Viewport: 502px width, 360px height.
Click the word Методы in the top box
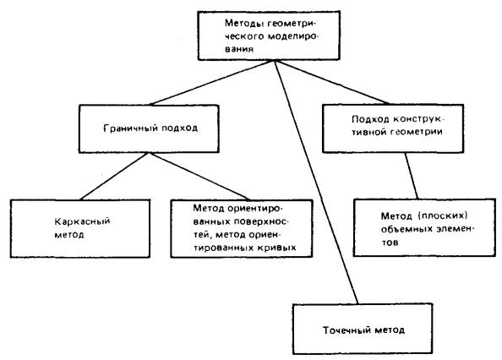pos(244,24)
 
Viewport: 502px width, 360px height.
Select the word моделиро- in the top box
pos(293,36)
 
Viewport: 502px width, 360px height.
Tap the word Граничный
pos(131,128)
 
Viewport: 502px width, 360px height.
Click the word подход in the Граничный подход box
pos(179,128)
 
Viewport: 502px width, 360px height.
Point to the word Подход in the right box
pos(370,119)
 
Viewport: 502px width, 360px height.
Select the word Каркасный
pos(82,221)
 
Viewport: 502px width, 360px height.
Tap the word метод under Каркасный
pos(69,235)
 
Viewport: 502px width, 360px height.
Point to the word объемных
pos(405,229)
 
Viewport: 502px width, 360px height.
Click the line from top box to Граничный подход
pos(212,83)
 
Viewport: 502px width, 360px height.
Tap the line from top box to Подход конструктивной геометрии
pos(331,82)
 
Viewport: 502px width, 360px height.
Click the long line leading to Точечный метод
pos(316,182)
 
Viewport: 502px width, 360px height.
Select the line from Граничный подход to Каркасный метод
pos(114,177)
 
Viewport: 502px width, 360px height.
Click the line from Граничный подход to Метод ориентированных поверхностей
pos(199,177)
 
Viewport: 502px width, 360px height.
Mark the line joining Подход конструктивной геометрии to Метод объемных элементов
pos(412,176)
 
